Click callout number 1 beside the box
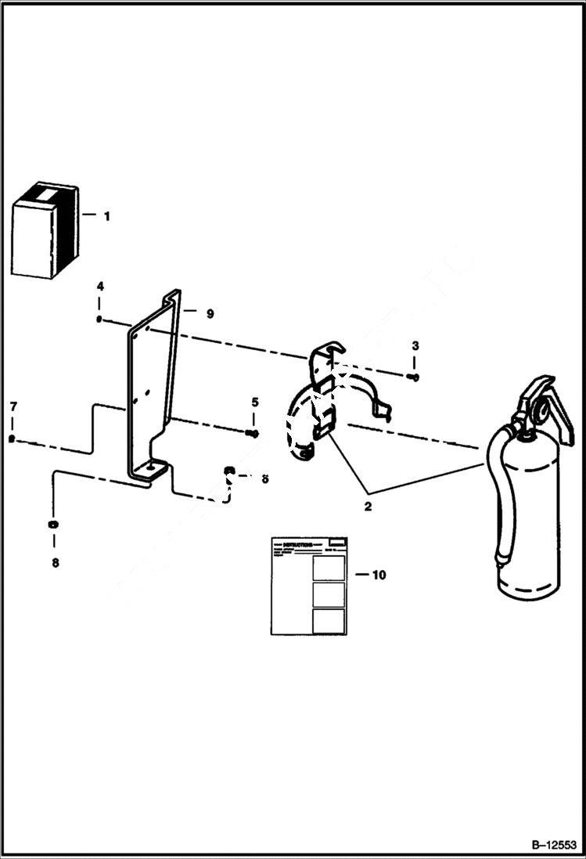pyautogui.click(x=107, y=216)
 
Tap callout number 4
pyautogui.click(x=100, y=287)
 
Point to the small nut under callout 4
pyautogui.click(x=100, y=319)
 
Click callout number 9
pyautogui.click(x=210, y=313)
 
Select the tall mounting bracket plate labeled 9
pyautogui.click(x=153, y=384)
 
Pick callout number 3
pyautogui.click(x=415, y=345)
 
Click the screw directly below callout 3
pyautogui.click(x=414, y=377)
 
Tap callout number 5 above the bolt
pyautogui.click(x=254, y=402)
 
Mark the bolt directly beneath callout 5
pyautogui.click(x=252, y=433)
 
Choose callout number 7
pyautogui.click(x=13, y=406)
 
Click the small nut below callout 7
pyautogui.click(x=12, y=439)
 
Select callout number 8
pyautogui.click(x=54, y=562)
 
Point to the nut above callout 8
pyautogui.click(x=53, y=524)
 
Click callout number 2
pyautogui.click(x=368, y=506)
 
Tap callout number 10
pyautogui.click(x=379, y=575)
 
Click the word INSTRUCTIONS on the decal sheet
pyautogui.click(x=297, y=543)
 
